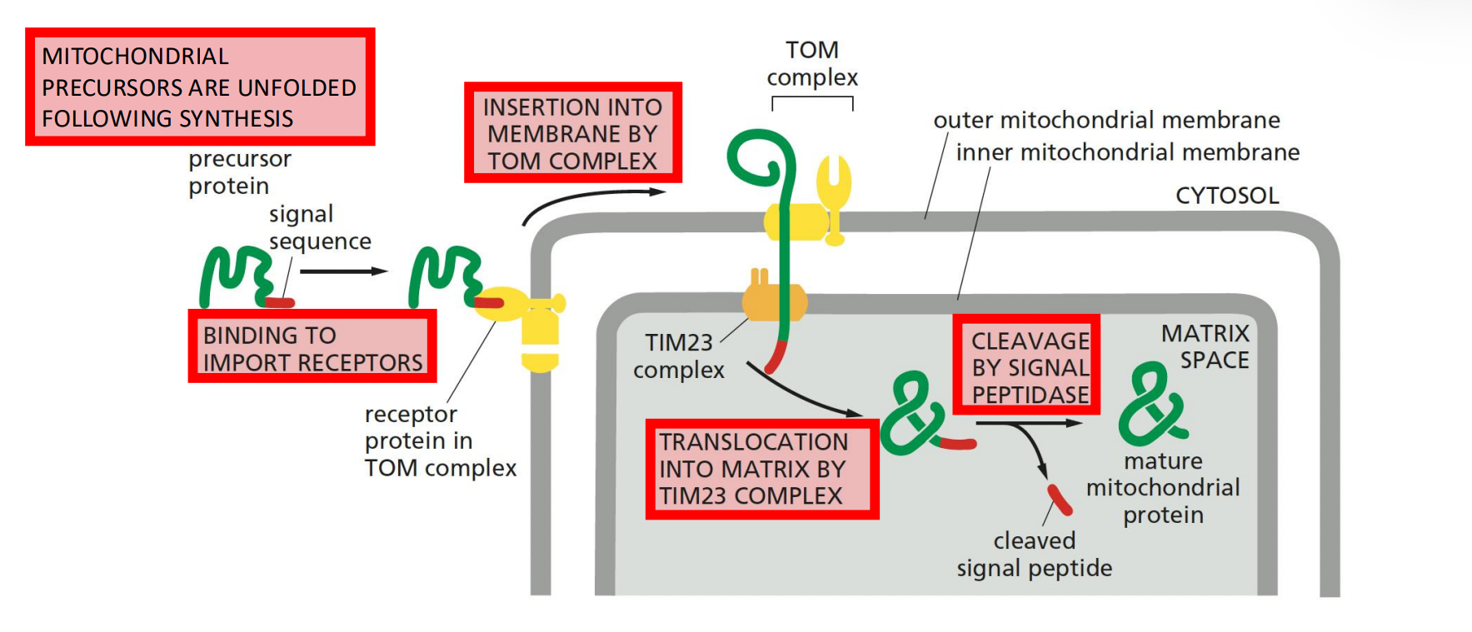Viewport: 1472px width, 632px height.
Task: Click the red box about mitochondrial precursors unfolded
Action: coord(200,87)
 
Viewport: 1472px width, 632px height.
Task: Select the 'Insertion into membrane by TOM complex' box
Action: coord(573,133)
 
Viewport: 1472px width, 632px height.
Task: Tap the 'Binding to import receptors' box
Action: coord(312,348)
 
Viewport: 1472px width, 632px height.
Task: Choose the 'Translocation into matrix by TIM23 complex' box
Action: coord(761,469)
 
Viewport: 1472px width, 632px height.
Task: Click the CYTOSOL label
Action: coord(1226,196)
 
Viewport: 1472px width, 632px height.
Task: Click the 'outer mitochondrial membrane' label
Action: coord(1106,121)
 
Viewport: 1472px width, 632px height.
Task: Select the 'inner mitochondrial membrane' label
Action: coord(1127,152)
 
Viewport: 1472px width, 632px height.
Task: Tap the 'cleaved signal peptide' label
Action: coord(1034,555)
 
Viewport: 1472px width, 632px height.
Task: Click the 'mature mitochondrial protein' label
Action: coord(1163,488)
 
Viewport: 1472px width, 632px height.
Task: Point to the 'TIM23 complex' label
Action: coord(678,356)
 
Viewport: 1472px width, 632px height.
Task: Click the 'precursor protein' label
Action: coord(239,172)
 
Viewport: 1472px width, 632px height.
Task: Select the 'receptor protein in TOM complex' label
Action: coord(439,441)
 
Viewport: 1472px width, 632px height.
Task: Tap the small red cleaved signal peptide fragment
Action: coord(1059,500)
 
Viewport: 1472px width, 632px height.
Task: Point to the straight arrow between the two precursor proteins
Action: coord(343,271)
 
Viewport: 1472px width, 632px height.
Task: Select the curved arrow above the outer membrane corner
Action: coord(591,200)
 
